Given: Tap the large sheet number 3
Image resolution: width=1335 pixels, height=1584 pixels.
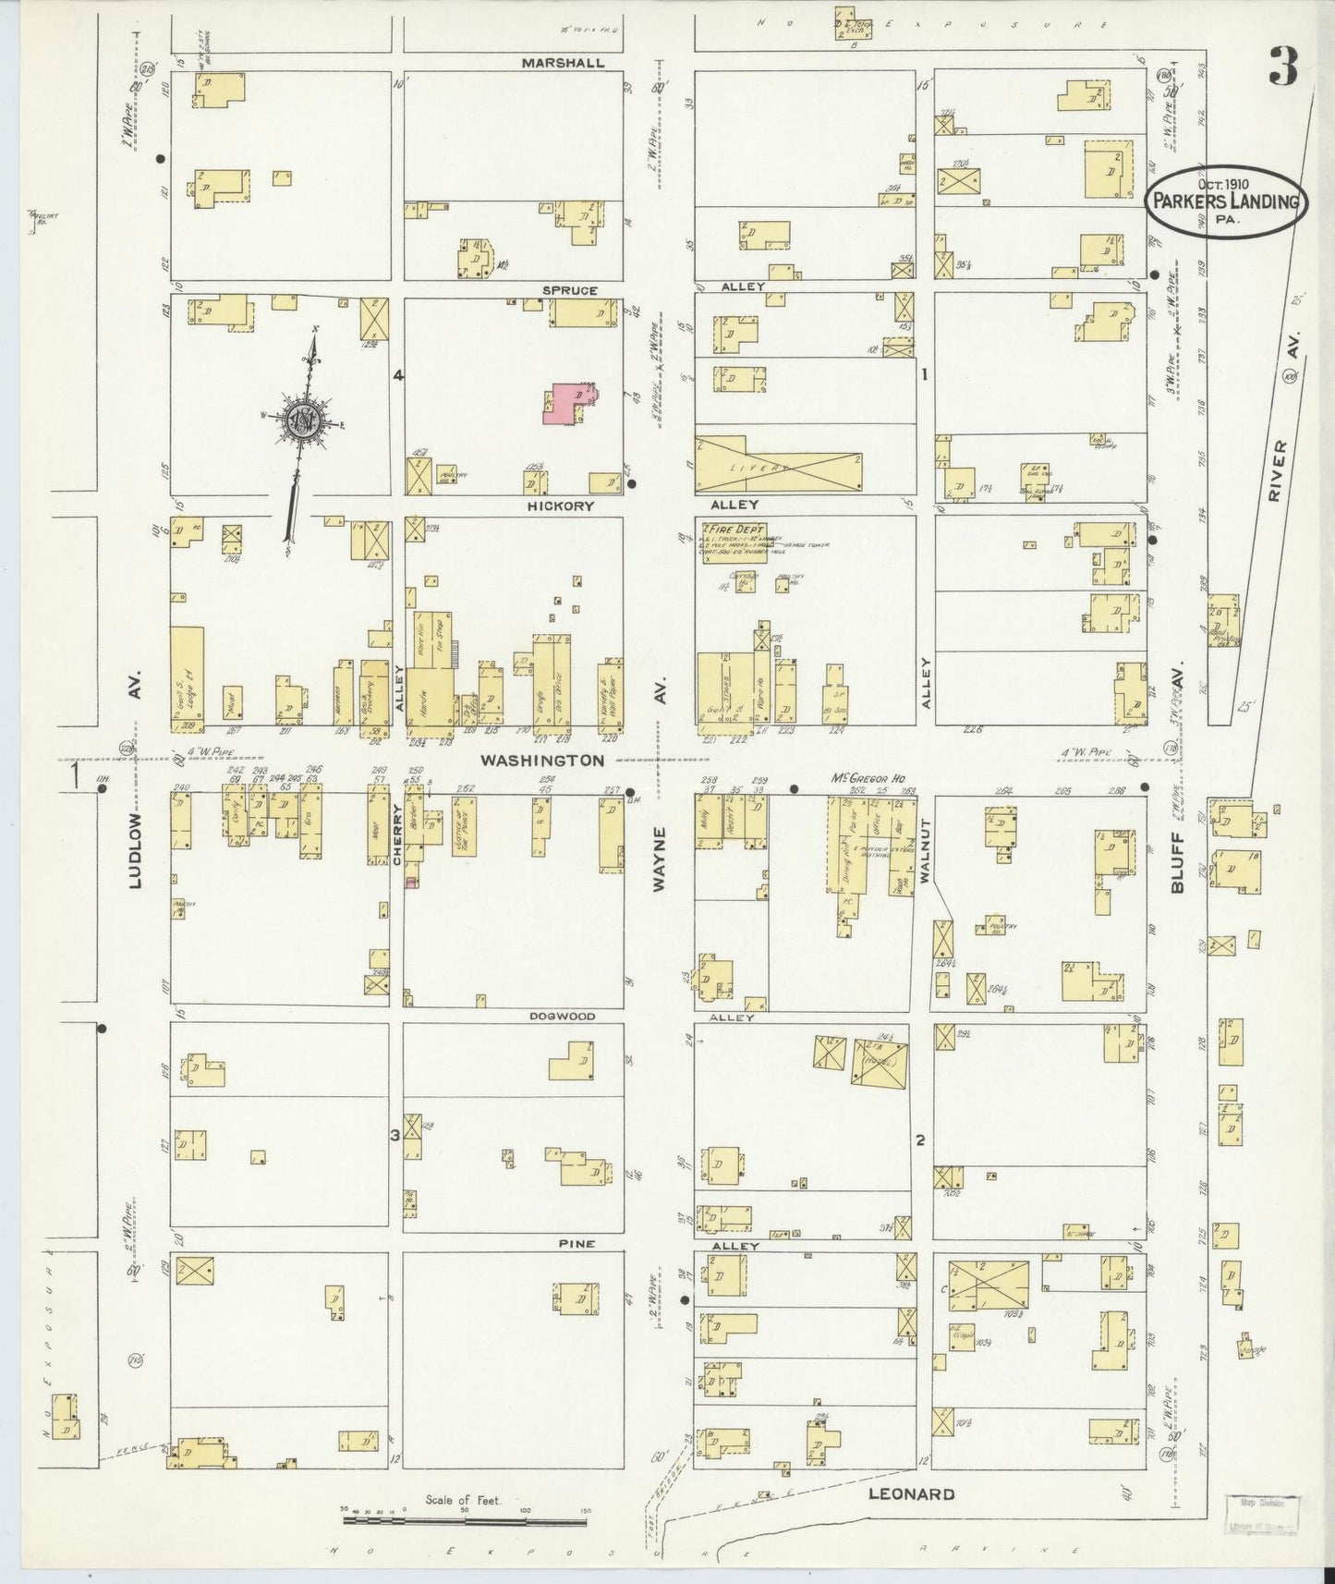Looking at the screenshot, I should pos(1282,65).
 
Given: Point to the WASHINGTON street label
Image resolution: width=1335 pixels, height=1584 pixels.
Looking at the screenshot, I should pos(541,760).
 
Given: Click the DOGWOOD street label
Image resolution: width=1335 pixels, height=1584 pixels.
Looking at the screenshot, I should pos(562,1016).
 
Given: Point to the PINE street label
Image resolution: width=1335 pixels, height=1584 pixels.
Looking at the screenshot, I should pos(572,1244).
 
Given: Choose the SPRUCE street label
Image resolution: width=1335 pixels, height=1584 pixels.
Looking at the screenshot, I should pos(569,290).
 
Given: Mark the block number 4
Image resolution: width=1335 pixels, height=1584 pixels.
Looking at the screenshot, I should pos(398,375).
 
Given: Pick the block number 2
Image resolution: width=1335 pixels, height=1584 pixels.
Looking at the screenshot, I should pos(919,1139).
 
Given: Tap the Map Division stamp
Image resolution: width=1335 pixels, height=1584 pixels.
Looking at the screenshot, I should pos(1261,1511).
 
